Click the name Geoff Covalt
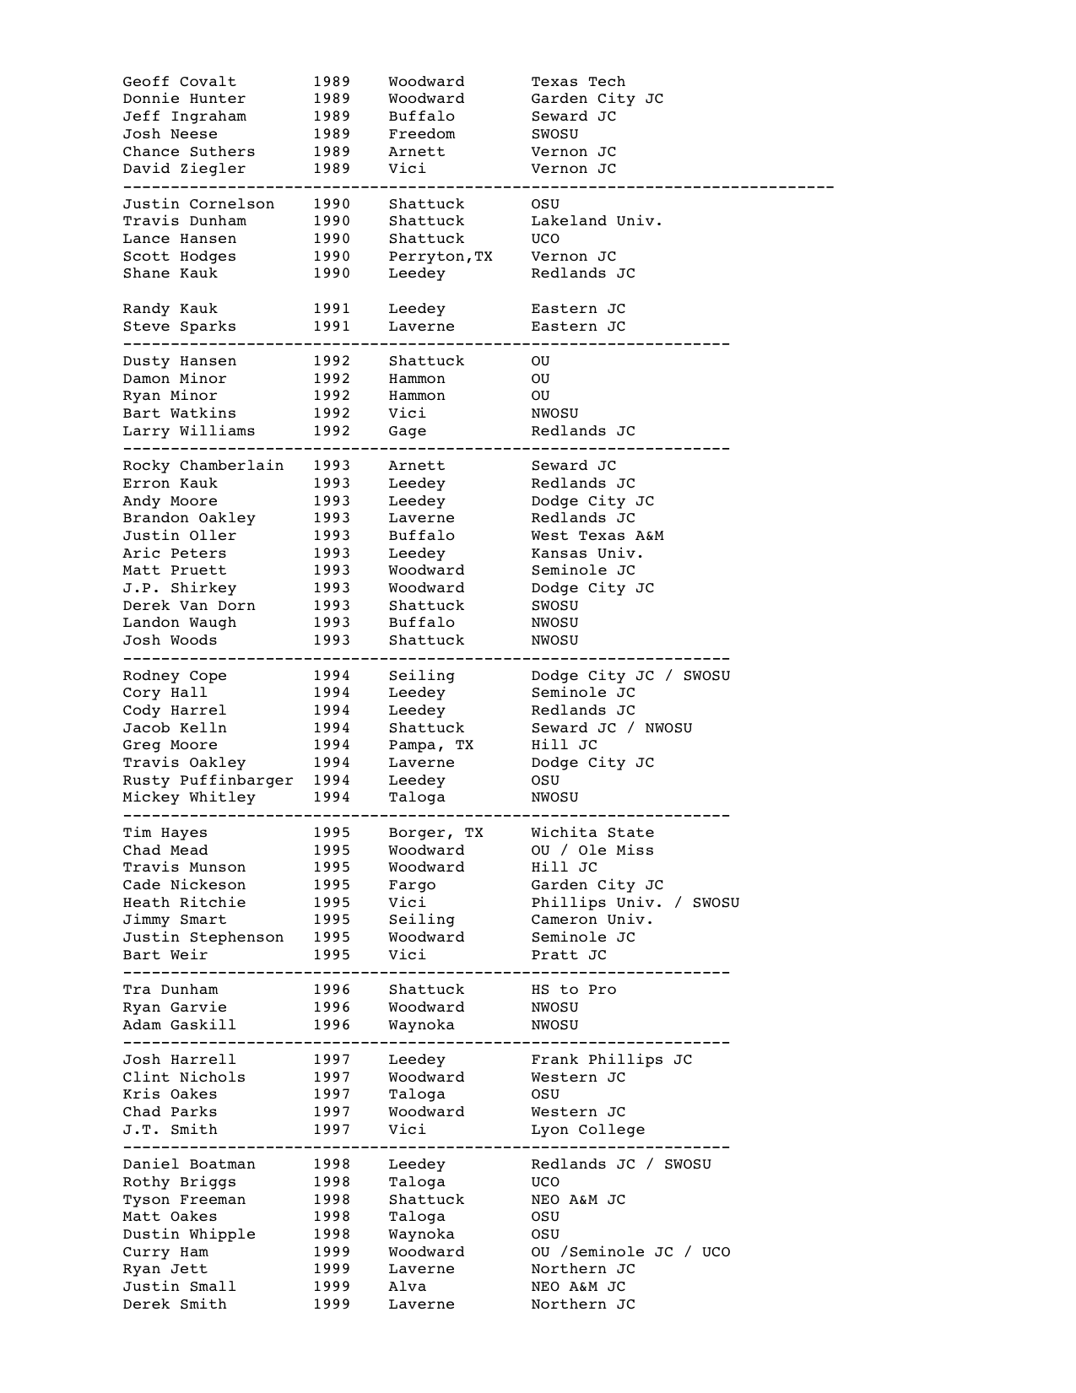coord(179,82)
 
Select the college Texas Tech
coord(578,82)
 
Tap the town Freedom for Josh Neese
coord(421,134)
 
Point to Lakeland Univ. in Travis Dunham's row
coord(597,221)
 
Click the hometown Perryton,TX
coord(440,256)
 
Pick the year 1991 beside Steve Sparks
coord(332,327)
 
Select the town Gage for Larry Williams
coord(407,431)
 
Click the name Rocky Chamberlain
coord(203,466)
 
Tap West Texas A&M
coord(597,536)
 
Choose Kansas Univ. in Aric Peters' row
coord(587,553)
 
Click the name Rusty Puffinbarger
coord(208,780)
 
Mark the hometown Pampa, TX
coord(430,745)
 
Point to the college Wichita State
coord(592,833)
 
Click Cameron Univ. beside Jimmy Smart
coord(592,920)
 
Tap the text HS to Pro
coord(573,990)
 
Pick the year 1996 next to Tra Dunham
coord(332,990)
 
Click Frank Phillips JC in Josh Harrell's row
coord(611,1060)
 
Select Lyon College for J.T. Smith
coord(587,1130)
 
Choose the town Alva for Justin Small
coord(407,1287)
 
